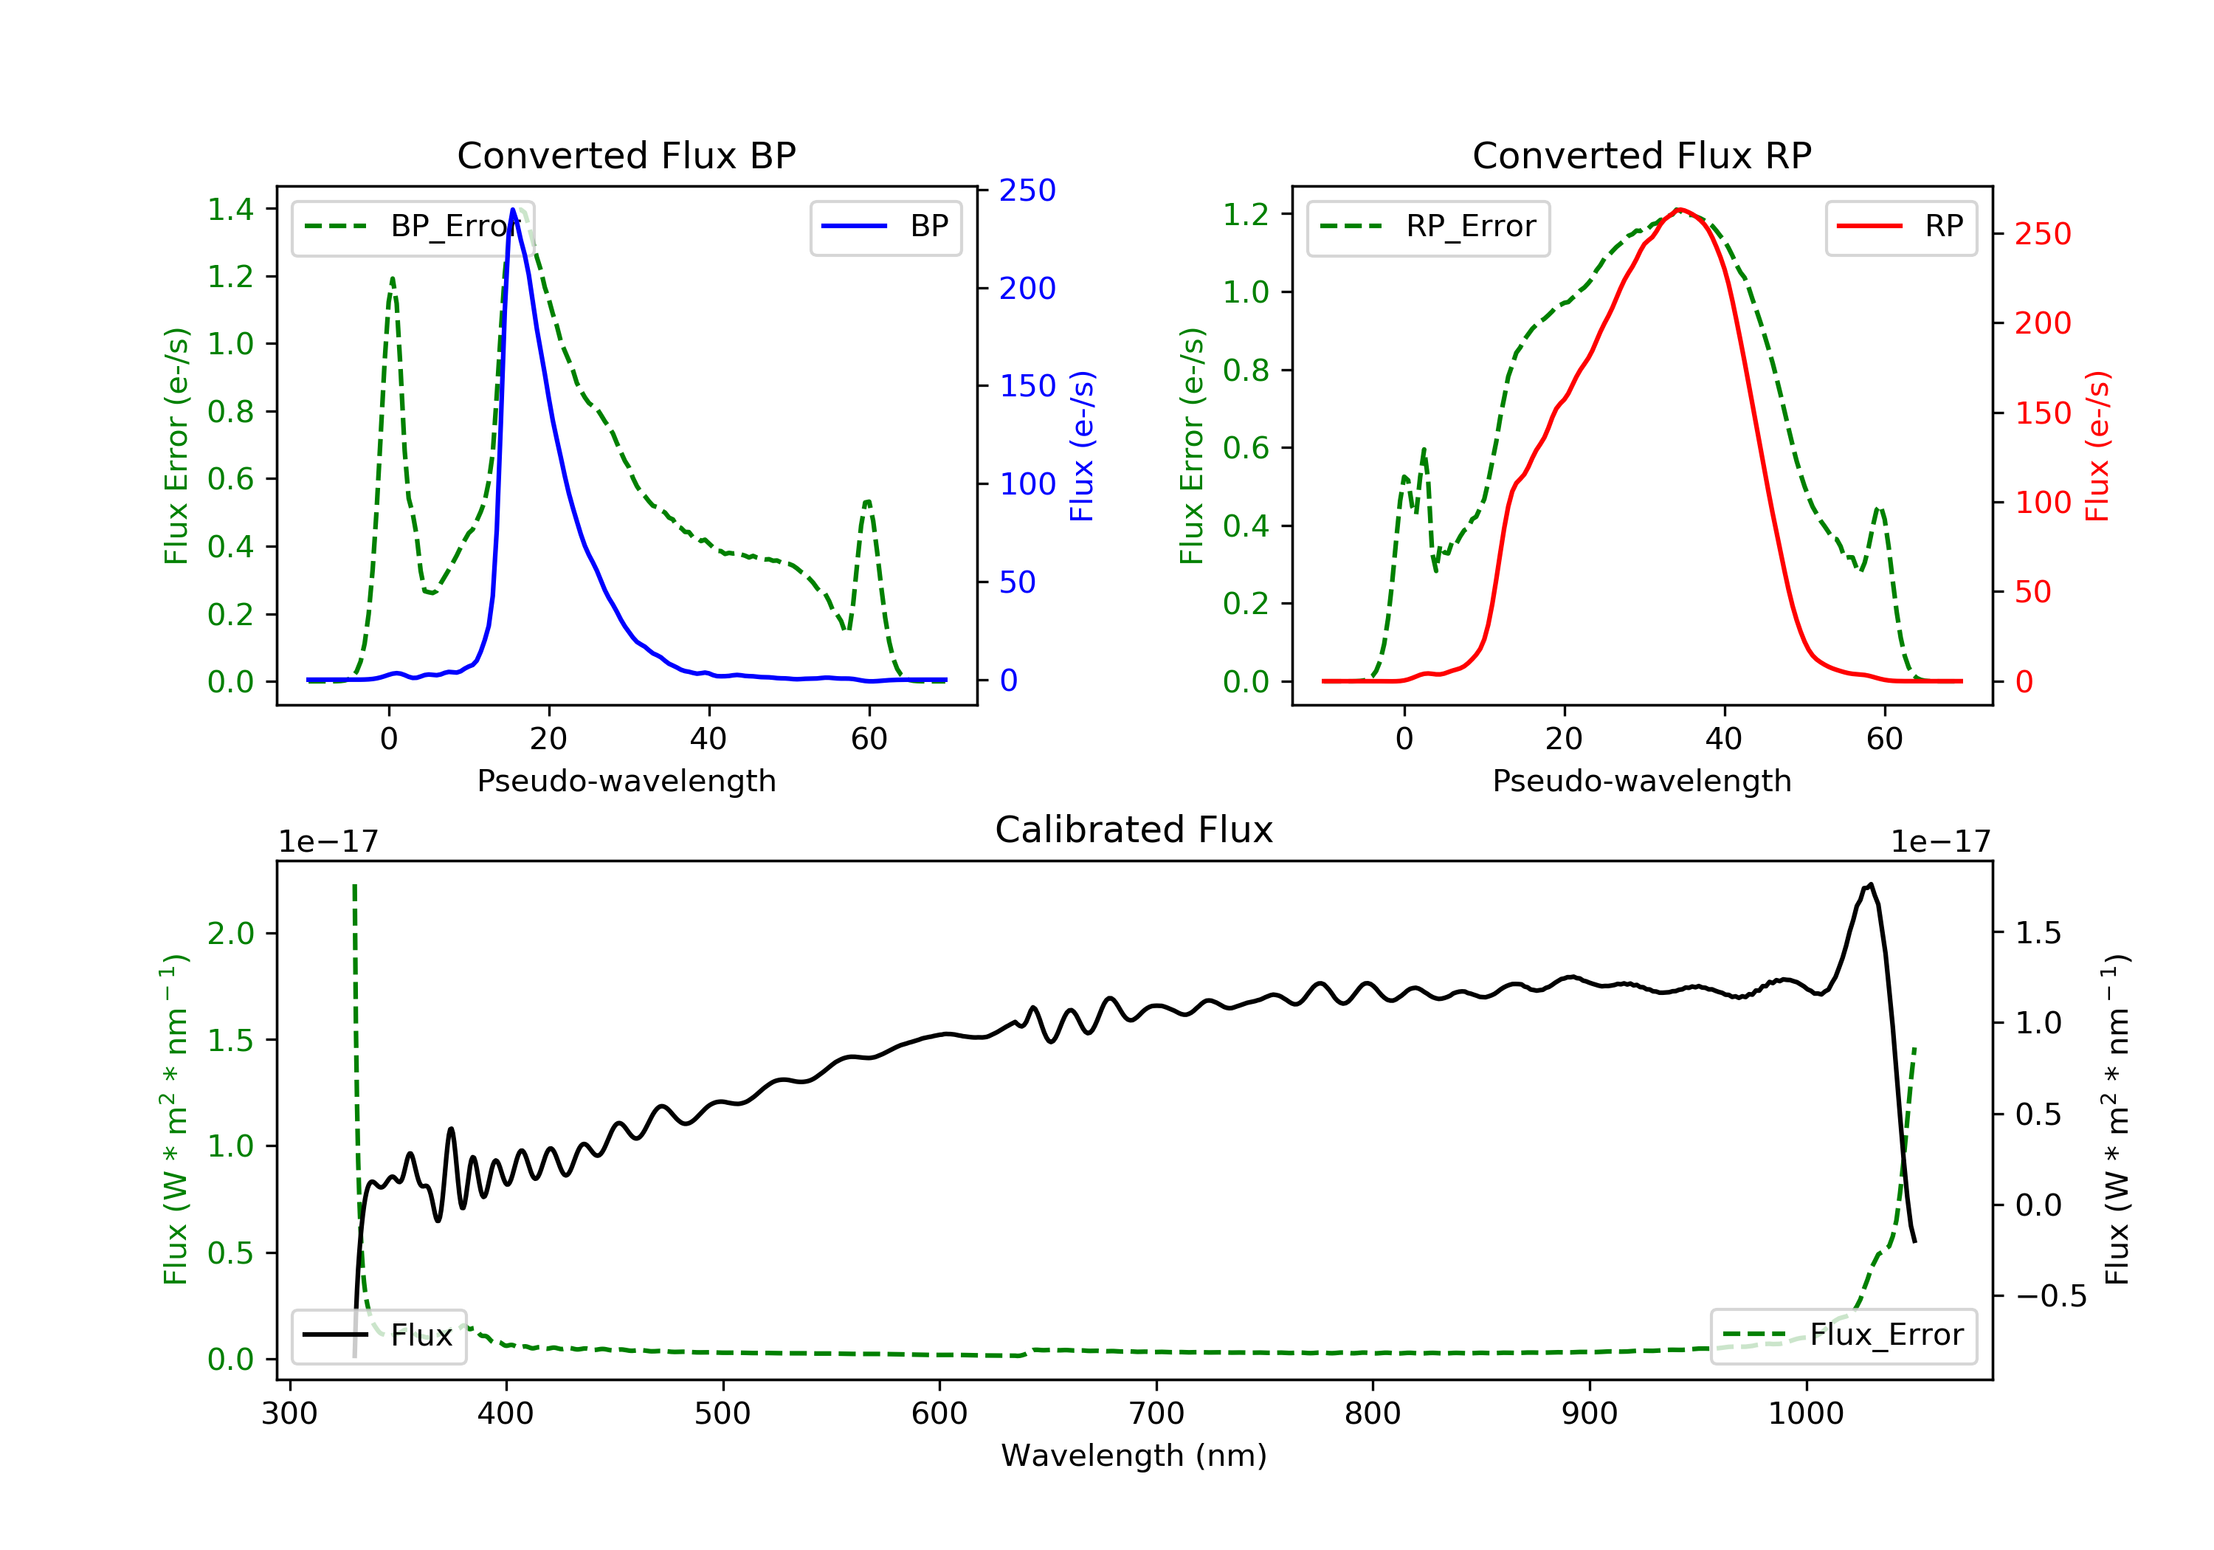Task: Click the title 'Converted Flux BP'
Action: pyautogui.click(x=626, y=155)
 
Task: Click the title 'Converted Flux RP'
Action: pyautogui.click(x=1641, y=155)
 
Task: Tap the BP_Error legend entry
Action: pyautogui.click(x=413, y=227)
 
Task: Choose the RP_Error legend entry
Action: pyautogui.click(x=1428, y=227)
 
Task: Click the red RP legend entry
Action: pyautogui.click(x=1900, y=227)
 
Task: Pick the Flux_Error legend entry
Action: pyautogui.click(x=1843, y=1335)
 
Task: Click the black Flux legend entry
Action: pyautogui.click(x=379, y=1335)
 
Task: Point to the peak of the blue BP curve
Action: pyautogui.click(x=513, y=210)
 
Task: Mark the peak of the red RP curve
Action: pyautogui.click(x=1679, y=210)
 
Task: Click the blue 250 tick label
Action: pyautogui.click(x=1027, y=190)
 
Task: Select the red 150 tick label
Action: pyautogui.click(x=2042, y=413)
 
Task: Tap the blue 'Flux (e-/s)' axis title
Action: pyautogui.click(x=1082, y=446)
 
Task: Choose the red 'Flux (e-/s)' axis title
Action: pyautogui.click(x=2097, y=446)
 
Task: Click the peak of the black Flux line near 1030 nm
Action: pyautogui.click(x=1870, y=884)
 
